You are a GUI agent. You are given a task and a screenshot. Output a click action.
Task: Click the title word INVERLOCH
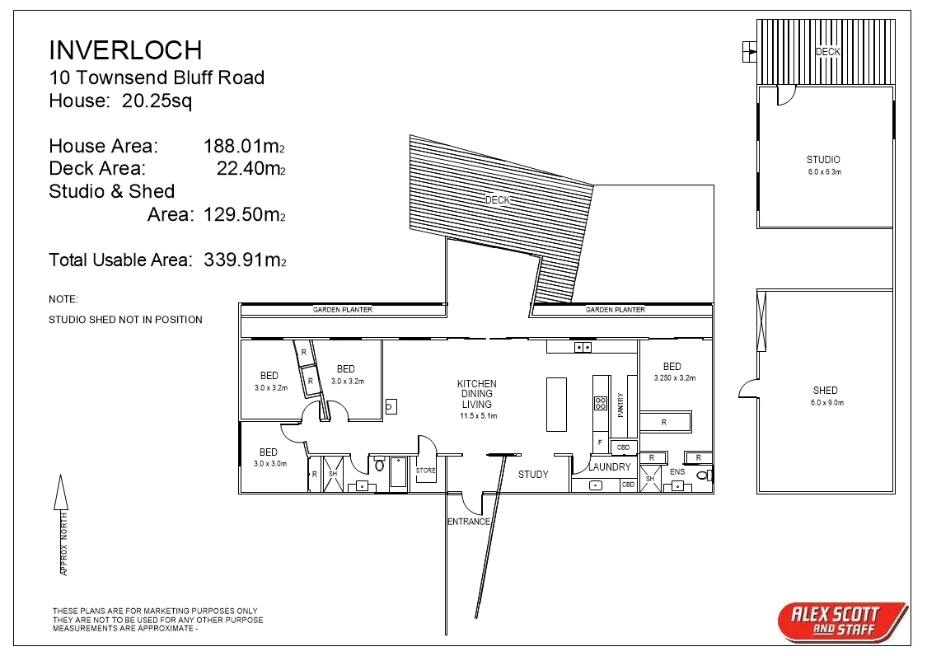coord(125,50)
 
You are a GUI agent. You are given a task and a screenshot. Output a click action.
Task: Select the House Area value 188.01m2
coord(244,147)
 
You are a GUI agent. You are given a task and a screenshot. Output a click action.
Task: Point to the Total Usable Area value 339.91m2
coord(245,260)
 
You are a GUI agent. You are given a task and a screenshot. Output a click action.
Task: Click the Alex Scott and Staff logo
coord(840,621)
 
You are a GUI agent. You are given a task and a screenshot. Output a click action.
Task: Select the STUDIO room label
coord(823,160)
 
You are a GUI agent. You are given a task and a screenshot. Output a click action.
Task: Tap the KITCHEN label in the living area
coord(477,384)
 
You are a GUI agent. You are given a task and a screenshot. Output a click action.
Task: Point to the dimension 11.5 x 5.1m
coord(477,416)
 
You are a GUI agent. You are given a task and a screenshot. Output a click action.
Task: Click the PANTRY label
coord(620,405)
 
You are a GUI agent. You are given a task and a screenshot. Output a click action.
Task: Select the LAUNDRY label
coord(609,467)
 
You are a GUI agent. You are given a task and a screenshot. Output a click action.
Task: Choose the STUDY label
coord(533,475)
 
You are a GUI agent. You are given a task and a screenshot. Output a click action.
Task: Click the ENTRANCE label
coord(469,522)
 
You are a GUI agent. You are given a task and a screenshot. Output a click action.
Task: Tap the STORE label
coord(425,471)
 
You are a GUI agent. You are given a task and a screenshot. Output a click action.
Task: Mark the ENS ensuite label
coord(677,472)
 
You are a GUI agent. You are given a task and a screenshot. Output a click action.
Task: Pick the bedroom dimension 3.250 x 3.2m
coord(675,378)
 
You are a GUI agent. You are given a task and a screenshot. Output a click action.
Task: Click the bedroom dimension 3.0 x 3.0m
coord(268,464)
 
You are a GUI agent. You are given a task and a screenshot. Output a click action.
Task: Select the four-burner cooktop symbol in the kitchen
coord(601,403)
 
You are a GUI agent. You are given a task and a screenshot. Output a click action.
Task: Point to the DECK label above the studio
coord(827,52)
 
